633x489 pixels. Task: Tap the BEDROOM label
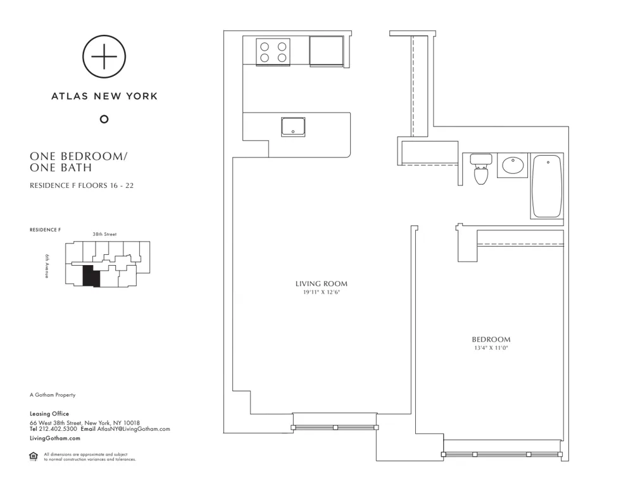pos(491,340)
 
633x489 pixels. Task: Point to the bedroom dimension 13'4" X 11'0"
pos(491,348)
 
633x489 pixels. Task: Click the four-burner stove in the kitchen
pos(273,51)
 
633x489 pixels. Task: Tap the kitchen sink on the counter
pos(292,126)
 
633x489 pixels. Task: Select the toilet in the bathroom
pos(481,169)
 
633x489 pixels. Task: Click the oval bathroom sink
pos(513,165)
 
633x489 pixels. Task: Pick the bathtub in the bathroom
pos(547,187)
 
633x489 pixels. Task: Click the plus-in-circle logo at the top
pos(104,56)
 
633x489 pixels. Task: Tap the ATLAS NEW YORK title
pos(104,97)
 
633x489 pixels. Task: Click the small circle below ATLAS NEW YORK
pos(104,119)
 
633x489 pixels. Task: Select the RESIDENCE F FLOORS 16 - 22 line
pos(81,186)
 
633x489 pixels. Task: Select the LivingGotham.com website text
pos(55,438)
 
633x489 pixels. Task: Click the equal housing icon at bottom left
pos(34,456)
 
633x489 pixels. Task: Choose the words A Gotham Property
pos(53,395)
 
